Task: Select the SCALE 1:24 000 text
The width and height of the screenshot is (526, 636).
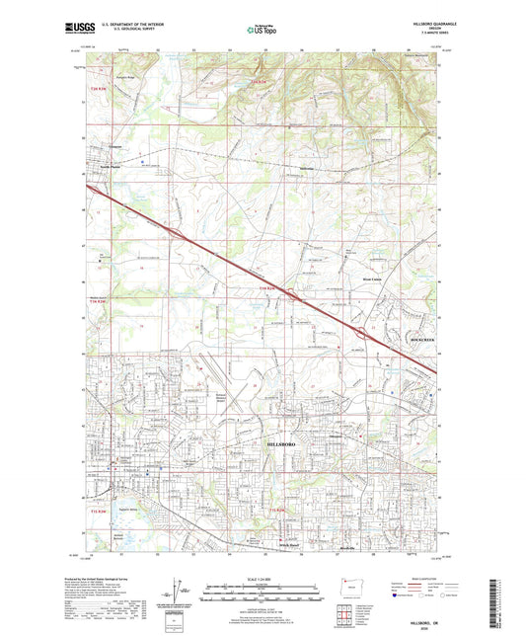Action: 263,577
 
